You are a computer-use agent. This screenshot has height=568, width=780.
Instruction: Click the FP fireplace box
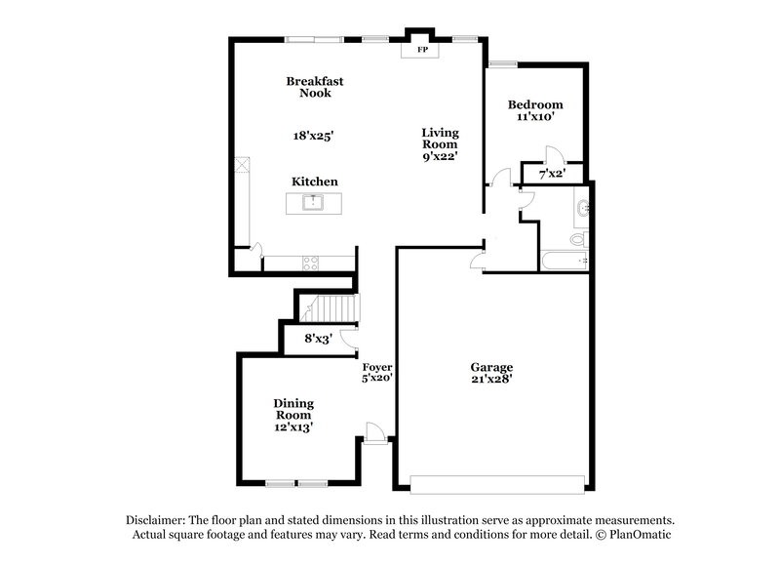423,49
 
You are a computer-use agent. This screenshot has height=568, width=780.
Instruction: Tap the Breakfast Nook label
314,87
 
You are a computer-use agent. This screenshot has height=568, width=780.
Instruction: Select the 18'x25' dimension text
314,137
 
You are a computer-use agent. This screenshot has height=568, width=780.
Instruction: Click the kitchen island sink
314,203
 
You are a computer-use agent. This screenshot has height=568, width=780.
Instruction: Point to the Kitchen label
315,182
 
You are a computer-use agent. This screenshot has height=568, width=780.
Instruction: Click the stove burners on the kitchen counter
311,262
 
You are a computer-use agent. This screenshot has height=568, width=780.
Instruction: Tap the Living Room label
440,142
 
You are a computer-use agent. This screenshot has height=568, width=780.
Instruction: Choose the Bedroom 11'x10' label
535,109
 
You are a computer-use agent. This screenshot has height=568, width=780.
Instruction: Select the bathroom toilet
577,238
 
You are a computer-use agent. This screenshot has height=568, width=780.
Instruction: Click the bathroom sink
582,208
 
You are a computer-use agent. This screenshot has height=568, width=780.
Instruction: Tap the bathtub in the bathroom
564,261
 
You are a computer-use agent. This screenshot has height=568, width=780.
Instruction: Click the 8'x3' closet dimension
320,340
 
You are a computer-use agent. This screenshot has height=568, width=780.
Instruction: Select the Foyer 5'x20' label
376,372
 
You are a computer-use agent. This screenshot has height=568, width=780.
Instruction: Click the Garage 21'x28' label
491,372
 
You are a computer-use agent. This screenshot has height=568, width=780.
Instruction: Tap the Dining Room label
292,415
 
